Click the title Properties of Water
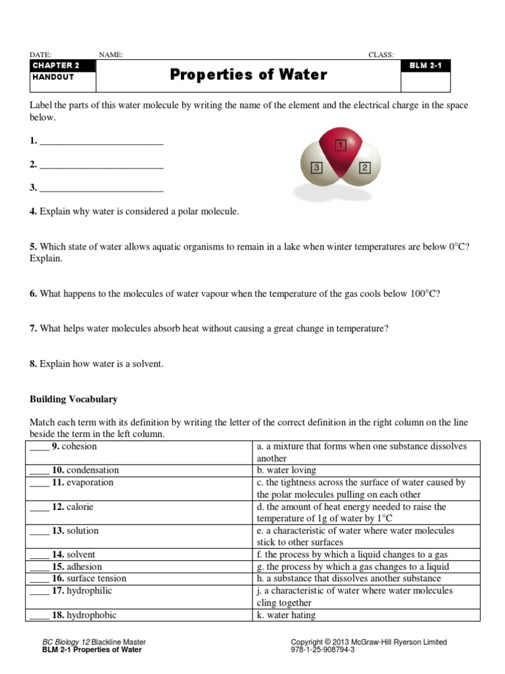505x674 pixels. pyautogui.click(x=248, y=75)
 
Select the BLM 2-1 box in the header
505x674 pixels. pyautogui.click(x=425, y=65)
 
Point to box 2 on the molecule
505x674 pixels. pyautogui.click(x=365, y=167)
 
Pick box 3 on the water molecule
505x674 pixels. pyautogui.click(x=316, y=168)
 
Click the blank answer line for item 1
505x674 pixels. pyautogui.click(x=101, y=142)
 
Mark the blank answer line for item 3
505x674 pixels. pyautogui.click(x=101, y=188)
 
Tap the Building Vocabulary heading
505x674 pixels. pyautogui.click(x=74, y=399)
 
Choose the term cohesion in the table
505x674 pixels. pyautogui.click(x=79, y=446)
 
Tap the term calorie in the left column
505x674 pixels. pyautogui.click(x=80, y=507)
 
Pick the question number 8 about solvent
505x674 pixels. pyautogui.click(x=33, y=364)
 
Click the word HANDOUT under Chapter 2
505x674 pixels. pyautogui.click(x=53, y=77)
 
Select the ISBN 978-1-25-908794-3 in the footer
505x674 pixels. pyautogui.click(x=323, y=650)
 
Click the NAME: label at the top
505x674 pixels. pyautogui.click(x=110, y=55)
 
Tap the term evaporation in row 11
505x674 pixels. pyautogui.click(x=89, y=482)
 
